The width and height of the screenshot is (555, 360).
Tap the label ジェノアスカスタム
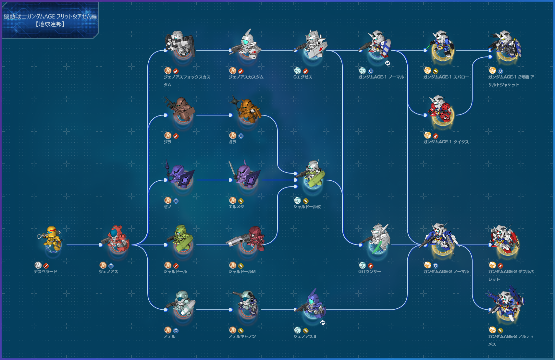pos(246,77)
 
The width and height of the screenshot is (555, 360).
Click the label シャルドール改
pos(307,207)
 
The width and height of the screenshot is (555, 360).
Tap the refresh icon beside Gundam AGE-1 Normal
pos(388,63)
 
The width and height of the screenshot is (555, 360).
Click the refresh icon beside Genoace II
pos(323,323)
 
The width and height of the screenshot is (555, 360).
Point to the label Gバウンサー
pos(369,271)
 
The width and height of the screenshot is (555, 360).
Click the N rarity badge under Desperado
pos(38,265)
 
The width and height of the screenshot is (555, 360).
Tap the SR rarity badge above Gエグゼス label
pos(298,71)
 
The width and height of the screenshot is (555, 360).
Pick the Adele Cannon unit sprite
pos(246,304)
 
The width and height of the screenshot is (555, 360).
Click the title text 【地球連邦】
pos(50,24)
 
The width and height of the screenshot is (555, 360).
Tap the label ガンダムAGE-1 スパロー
pos(446,77)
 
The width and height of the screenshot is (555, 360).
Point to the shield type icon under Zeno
pos(176,201)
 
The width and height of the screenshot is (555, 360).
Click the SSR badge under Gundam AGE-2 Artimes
pos(492,330)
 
